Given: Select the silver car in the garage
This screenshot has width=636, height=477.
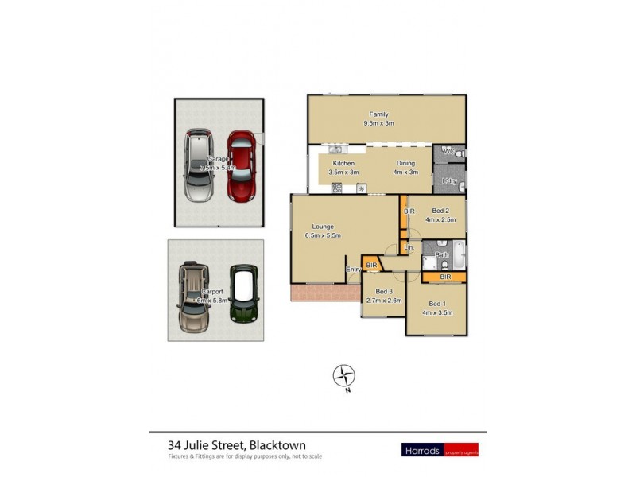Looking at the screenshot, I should click(x=200, y=165).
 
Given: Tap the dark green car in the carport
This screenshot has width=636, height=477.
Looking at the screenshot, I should click(x=244, y=293).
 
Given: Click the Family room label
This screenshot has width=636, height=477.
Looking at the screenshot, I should click(x=378, y=114).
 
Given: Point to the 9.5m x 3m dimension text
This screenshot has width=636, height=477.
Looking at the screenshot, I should click(x=378, y=124).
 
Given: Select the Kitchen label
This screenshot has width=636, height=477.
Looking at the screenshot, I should click(x=343, y=163).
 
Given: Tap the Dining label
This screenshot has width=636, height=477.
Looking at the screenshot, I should click(x=405, y=163).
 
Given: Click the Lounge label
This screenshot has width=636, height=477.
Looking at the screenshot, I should click(x=322, y=226).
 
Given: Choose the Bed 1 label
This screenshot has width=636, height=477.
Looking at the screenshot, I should click(x=436, y=303).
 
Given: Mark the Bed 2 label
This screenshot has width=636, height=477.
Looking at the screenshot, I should click(x=441, y=211).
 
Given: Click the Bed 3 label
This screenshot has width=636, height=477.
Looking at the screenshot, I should click(x=384, y=291).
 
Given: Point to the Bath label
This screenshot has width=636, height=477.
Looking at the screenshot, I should click(x=442, y=254).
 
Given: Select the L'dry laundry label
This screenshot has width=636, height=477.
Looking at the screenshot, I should click(x=448, y=182).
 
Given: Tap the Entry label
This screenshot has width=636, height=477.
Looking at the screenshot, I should click(x=354, y=270).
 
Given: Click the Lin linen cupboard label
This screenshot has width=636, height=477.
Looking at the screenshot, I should click(x=409, y=249).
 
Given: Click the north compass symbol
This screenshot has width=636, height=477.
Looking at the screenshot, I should click(x=343, y=376).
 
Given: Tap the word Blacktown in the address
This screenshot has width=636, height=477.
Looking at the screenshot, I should click(x=277, y=445).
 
